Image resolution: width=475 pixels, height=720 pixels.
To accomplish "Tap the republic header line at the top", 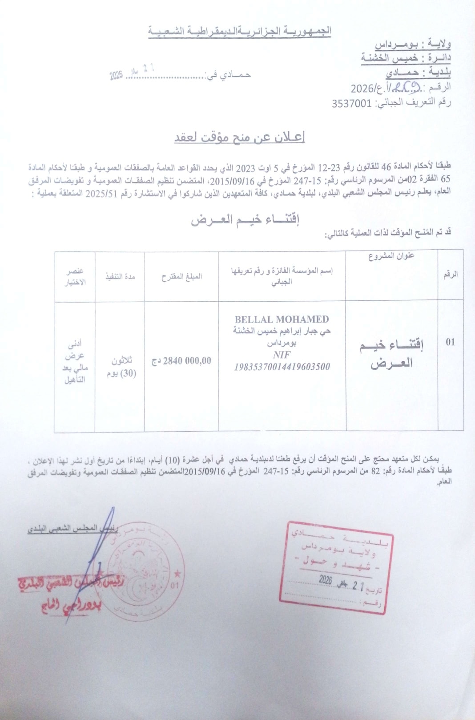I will (239, 32).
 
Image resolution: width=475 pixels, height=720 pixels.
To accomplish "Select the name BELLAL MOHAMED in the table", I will (282, 320).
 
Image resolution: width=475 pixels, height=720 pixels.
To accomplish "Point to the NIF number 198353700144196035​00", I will (282, 367).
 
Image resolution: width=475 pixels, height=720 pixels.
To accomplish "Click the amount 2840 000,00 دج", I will (181, 361).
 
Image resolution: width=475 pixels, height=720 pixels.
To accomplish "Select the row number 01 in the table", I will (450, 342).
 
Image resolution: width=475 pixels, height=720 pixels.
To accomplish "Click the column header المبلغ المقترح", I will (181, 276).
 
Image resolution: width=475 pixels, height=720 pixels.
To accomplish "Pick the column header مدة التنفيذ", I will (120, 276).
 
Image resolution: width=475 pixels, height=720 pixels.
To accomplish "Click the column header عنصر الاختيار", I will (76, 276).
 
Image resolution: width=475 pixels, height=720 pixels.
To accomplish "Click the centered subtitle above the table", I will (245, 220).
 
